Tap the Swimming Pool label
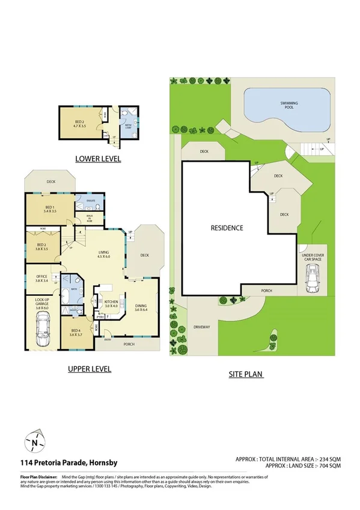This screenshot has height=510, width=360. (x=289, y=106)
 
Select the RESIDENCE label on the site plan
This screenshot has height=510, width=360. (x=227, y=228)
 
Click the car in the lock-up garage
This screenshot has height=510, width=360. (x=43, y=329)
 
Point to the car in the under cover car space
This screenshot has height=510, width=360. (x=313, y=278)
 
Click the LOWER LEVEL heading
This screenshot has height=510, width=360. (x=98, y=159)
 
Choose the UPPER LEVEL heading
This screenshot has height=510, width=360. (x=90, y=369)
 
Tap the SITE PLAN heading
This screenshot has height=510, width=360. (x=247, y=373)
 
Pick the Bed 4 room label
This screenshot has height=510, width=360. (x=76, y=333)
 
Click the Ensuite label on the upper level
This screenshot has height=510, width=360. (x=91, y=201)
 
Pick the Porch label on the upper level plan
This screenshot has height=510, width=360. (x=128, y=345)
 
